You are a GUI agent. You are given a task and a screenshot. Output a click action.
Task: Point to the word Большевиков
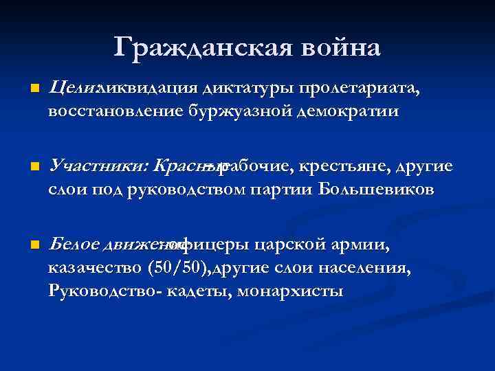pyautogui.click(x=376, y=189)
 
